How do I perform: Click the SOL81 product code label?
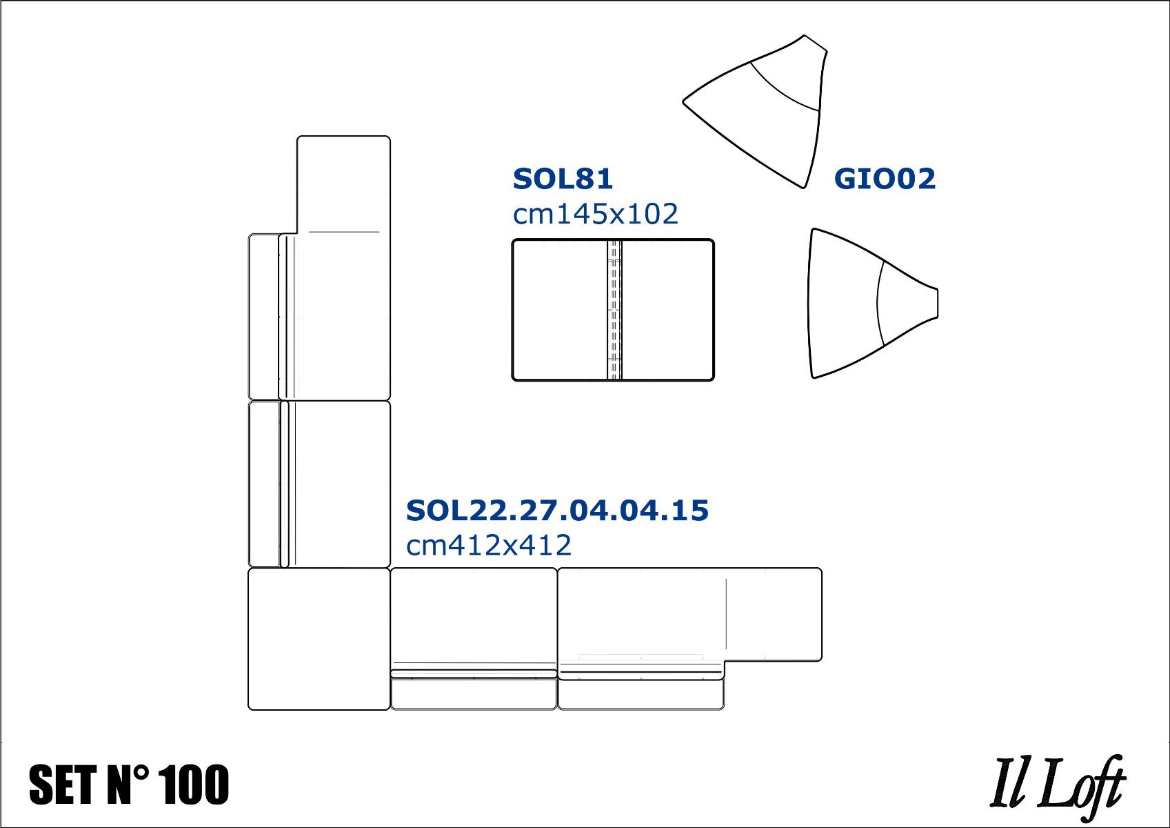(563, 179)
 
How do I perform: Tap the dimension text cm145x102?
(596, 215)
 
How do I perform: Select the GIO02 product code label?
(885, 179)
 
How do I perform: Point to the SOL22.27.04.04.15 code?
(557, 511)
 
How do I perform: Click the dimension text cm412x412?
(489, 546)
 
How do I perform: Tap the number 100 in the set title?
(195, 785)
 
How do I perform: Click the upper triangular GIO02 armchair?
(756, 111)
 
